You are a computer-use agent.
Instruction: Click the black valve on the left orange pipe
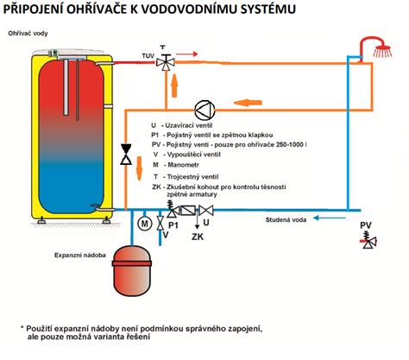coord(126,155)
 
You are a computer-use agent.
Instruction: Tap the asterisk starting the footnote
coord(23,329)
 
